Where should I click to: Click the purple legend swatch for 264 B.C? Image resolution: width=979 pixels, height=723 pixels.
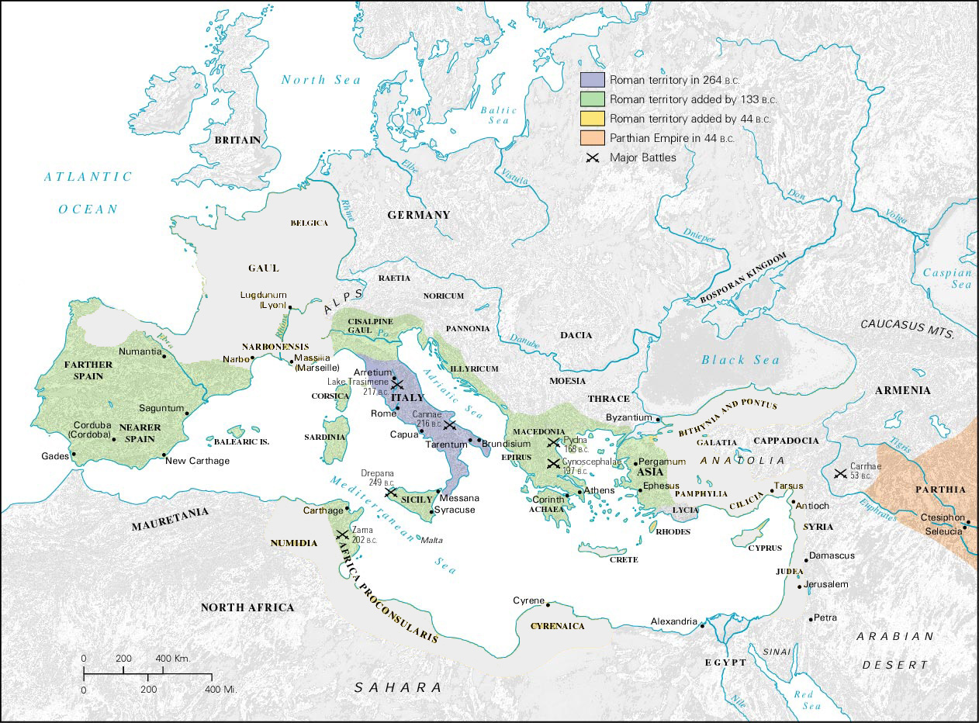pyautogui.click(x=593, y=80)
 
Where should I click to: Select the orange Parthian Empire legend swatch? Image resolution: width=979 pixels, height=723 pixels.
pyautogui.click(x=593, y=139)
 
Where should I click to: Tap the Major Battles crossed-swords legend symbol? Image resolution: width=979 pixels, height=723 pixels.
pyautogui.click(x=593, y=158)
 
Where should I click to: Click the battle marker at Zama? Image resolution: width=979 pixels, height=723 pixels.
pyautogui.click(x=341, y=534)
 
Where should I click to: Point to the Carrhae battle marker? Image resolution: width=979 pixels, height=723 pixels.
pyautogui.click(x=839, y=473)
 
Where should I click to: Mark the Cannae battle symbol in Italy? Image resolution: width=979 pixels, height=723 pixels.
pyautogui.click(x=450, y=426)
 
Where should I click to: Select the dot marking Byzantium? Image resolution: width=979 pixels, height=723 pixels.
pyautogui.click(x=659, y=420)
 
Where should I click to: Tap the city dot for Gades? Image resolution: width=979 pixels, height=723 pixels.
pyautogui.click(x=73, y=455)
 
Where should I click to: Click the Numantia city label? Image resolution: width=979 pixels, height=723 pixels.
pyautogui.click(x=140, y=351)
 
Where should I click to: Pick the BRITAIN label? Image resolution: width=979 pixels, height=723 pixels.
pyautogui.click(x=237, y=140)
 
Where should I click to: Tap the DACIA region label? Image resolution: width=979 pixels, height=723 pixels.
pyautogui.click(x=576, y=335)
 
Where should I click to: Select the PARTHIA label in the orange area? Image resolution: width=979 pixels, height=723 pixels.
pyautogui.click(x=940, y=489)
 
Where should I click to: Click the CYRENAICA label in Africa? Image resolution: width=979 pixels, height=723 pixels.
pyautogui.click(x=556, y=625)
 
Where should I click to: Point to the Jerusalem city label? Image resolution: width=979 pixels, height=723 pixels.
pyautogui.click(x=827, y=584)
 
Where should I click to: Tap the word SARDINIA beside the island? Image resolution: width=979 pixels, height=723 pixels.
pyautogui.click(x=324, y=437)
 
